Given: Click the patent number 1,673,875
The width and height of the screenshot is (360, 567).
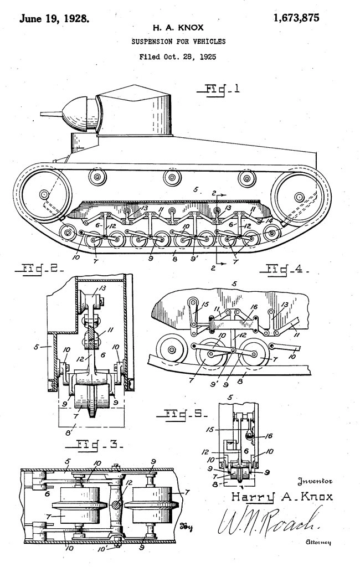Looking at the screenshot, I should (296, 17).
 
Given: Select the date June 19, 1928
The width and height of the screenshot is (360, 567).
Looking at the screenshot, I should (54, 18).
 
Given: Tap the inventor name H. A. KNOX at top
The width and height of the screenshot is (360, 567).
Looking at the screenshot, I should (178, 27).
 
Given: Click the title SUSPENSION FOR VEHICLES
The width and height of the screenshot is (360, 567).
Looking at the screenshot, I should (178, 42).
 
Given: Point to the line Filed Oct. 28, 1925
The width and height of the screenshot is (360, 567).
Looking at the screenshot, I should (178, 56).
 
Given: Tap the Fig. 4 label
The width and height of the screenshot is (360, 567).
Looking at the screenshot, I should (282, 270).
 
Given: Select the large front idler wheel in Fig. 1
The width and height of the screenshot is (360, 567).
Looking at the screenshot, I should (44, 194).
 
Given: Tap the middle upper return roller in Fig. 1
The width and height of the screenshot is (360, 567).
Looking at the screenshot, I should (172, 178).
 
